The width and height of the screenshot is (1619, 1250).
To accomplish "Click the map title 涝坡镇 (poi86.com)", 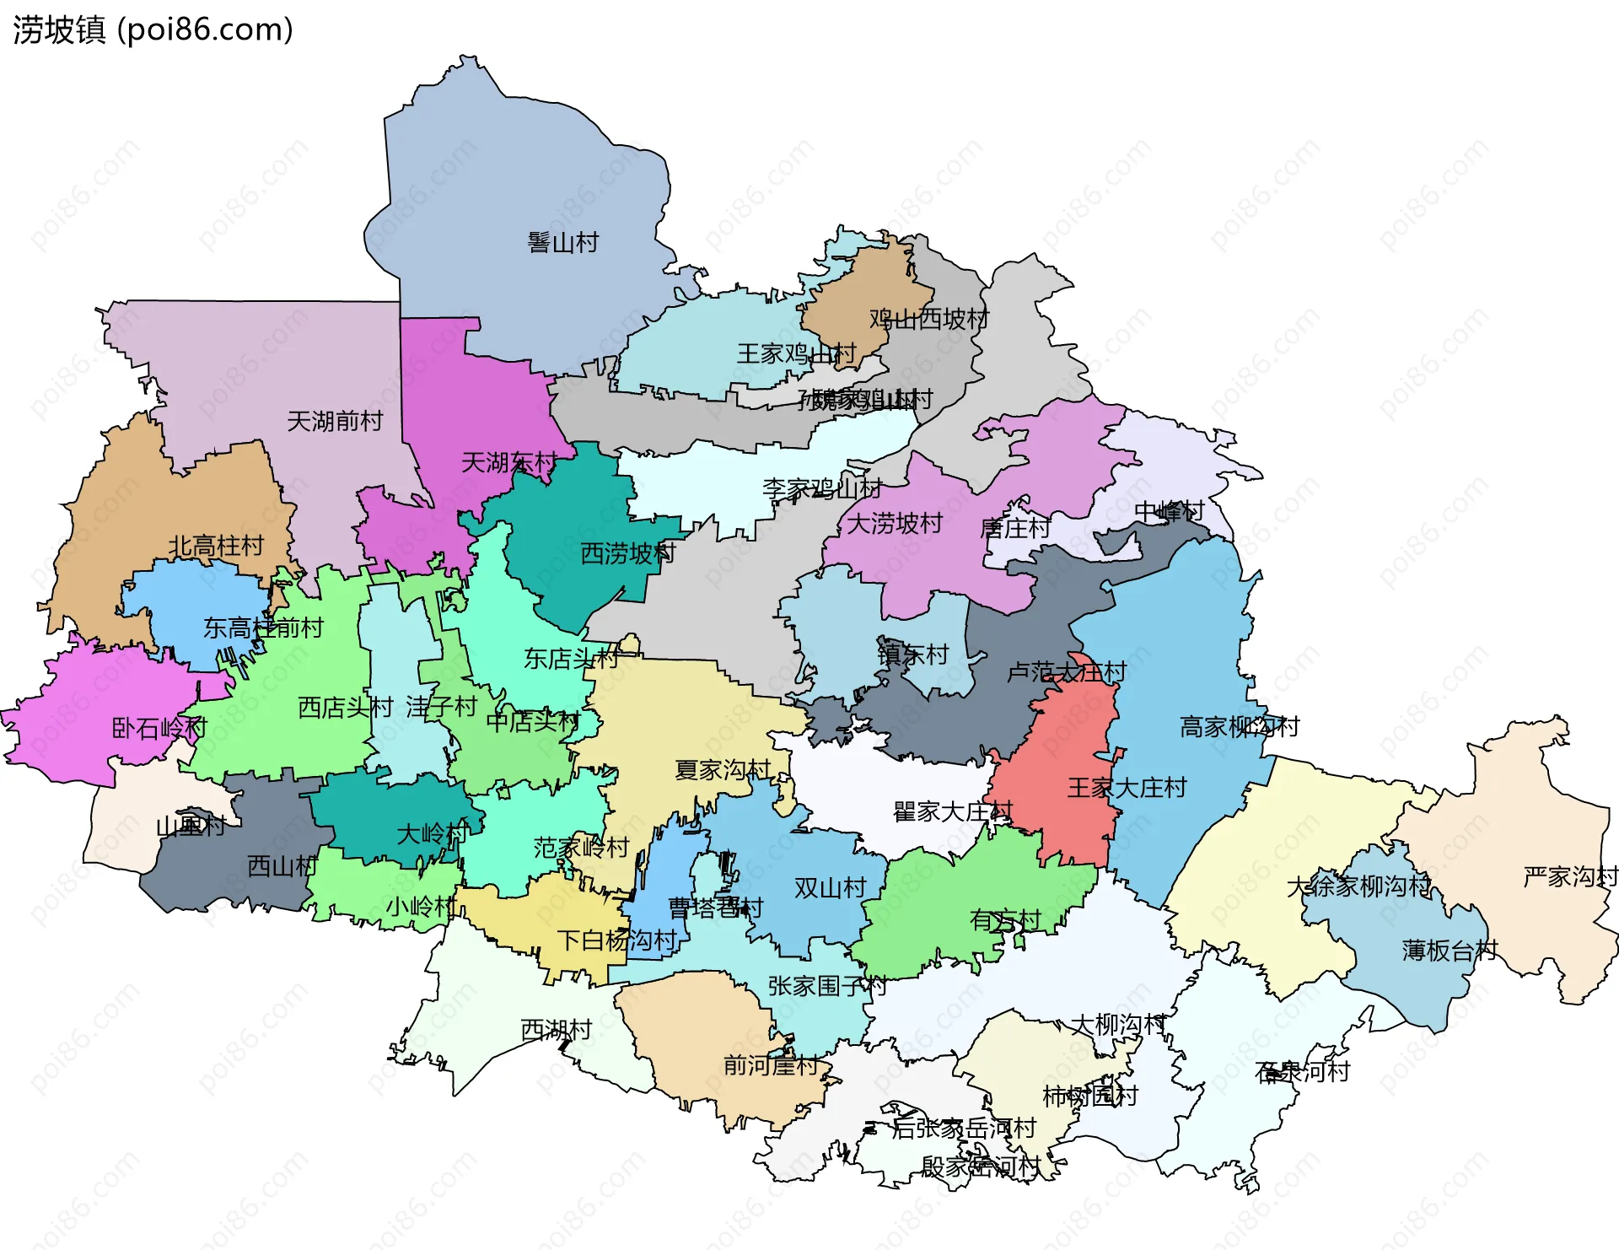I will pyautogui.click(x=153, y=30).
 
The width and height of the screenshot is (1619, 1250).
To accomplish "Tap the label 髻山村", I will pyautogui.click(x=562, y=243).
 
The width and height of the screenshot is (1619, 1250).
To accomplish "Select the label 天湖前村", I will pyautogui.click(x=335, y=421).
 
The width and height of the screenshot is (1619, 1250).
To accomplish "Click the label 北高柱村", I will pyautogui.click(x=216, y=546).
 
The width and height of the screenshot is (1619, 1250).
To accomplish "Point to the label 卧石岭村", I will pyautogui.click(x=159, y=727).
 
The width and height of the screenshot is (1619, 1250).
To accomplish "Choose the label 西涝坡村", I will pyautogui.click(x=628, y=553).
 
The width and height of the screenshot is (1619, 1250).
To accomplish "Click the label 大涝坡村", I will pyautogui.click(x=894, y=523).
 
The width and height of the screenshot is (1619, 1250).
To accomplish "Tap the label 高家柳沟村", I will pyautogui.click(x=1239, y=726).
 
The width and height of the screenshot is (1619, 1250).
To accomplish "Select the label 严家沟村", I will pyautogui.click(x=1569, y=876).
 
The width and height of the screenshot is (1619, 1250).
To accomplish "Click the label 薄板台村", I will pyautogui.click(x=1449, y=951).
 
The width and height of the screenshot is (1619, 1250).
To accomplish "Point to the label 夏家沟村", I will pyautogui.click(x=723, y=769).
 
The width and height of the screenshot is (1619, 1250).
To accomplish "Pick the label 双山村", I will pyautogui.click(x=830, y=887).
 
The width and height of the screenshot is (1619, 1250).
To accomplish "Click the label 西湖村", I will pyautogui.click(x=556, y=1029).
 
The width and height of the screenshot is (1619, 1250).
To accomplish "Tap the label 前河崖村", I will pyautogui.click(x=771, y=1065).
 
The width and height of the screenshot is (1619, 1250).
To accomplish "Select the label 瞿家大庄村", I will pyautogui.click(x=952, y=811).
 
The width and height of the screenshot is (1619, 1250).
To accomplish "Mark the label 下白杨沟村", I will pyautogui.click(x=617, y=940).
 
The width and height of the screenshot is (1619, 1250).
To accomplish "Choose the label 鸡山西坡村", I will pyautogui.click(x=928, y=319).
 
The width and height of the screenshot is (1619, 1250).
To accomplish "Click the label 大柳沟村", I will pyautogui.click(x=1117, y=1025).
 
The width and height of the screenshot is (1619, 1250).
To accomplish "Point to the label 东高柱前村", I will pyautogui.click(x=263, y=628).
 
